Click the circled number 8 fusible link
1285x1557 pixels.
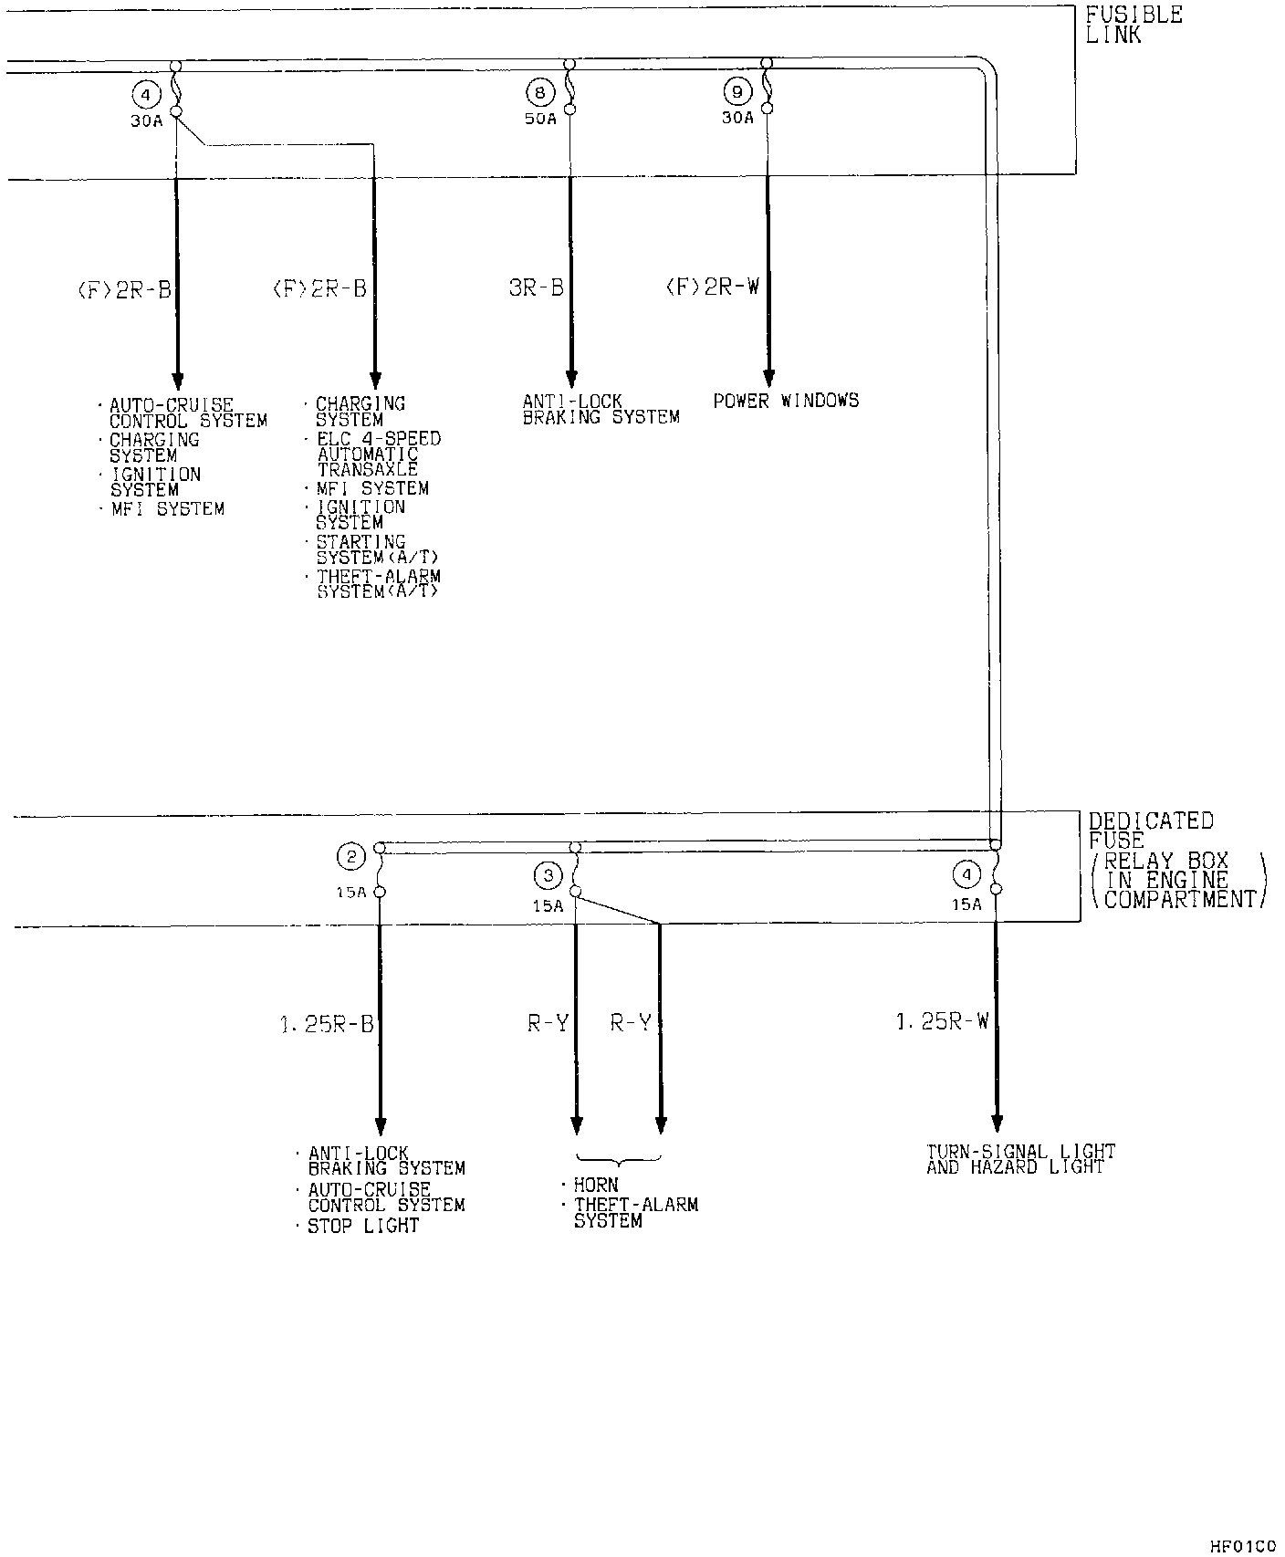[540, 91]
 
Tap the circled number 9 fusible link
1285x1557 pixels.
[737, 91]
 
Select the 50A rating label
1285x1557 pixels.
[540, 119]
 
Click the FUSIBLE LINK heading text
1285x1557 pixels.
[1134, 25]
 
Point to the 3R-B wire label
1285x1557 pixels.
[537, 287]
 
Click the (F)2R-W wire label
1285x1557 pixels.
[712, 287]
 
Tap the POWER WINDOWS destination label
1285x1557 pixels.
[786, 400]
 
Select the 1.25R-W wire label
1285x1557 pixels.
[943, 1021]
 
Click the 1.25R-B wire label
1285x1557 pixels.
[327, 1025]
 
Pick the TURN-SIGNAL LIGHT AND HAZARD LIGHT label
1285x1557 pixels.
[1020, 1159]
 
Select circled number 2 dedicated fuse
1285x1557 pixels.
[351, 856]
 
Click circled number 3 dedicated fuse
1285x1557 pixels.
[548, 876]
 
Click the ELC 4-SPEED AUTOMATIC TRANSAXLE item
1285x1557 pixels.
[378, 455]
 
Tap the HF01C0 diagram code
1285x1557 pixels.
[1243, 1546]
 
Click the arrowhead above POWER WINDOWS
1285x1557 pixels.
[768, 378]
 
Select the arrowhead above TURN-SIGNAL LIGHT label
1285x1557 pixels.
[997, 1123]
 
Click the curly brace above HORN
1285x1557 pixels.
[619, 1162]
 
